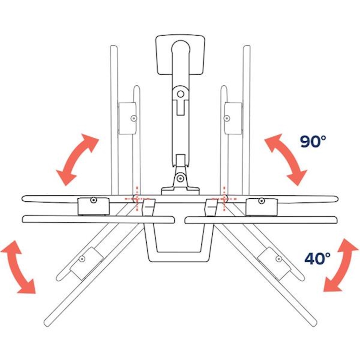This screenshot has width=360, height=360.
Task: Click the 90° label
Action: tap(313, 141)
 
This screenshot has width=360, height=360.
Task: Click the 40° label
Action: tap(317, 258)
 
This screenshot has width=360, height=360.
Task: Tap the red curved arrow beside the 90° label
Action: tap(286, 159)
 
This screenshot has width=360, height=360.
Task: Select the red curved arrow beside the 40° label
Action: tap(340, 265)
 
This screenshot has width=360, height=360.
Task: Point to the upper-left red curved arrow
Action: tap(77, 159)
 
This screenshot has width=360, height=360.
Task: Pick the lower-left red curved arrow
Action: tap(18, 267)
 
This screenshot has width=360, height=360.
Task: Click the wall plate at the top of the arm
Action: tap(180, 54)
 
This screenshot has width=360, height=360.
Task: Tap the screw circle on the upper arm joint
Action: tap(181, 94)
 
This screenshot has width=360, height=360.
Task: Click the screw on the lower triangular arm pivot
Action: tap(180, 178)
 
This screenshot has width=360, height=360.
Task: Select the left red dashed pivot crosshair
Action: tap(137, 198)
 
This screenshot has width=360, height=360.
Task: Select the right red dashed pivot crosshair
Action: tap(224, 198)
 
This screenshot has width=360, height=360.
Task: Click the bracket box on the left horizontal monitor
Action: tap(94, 206)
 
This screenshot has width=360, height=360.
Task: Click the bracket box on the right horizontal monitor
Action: tap(262, 207)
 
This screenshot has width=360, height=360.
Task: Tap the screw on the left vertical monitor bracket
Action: tap(134, 118)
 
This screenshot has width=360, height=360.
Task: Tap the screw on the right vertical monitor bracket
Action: tap(227, 118)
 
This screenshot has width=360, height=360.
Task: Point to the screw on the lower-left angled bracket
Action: tap(82, 259)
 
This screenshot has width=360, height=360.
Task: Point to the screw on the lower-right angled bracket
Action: tap(279, 259)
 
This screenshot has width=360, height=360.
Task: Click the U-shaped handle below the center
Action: tap(180, 243)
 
